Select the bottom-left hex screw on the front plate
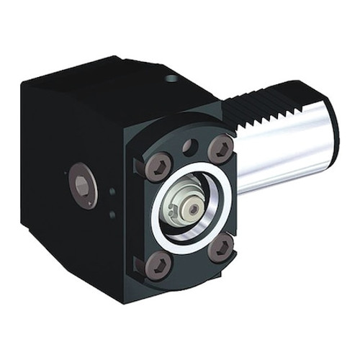click(x=157, y=266)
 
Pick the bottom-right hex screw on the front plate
click(x=222, y=250)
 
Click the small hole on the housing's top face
click(x=171, y=78)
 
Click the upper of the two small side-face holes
click(x=112, y=192)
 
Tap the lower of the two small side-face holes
click(x=112, y=214)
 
